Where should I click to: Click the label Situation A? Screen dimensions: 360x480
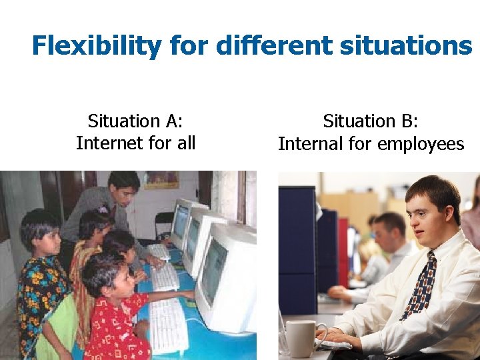click(135, 121)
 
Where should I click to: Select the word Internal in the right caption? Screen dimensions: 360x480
click(308, 144)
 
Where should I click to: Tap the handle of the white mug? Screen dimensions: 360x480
click(320, 333)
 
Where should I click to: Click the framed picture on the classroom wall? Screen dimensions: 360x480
click(161, 179)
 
